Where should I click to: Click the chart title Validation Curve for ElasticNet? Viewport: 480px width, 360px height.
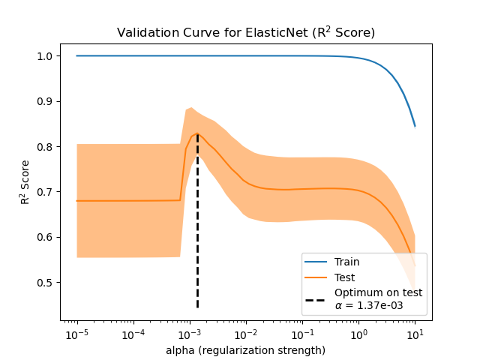point(246,33)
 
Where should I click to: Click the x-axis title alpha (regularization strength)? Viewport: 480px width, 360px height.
point(246,350)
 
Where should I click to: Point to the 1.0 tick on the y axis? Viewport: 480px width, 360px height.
point(46,56)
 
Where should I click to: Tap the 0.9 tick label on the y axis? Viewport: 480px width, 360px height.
point(46,101)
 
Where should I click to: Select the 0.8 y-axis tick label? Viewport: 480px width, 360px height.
point(46,147)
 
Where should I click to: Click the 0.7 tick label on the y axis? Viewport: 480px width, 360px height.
point(46,192)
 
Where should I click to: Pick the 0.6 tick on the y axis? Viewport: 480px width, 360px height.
point(46,238)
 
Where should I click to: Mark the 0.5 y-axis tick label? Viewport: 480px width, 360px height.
point(46,283)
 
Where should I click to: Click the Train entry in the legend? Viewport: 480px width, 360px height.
point(346,262)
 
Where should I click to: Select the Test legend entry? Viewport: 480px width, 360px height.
point(345,277)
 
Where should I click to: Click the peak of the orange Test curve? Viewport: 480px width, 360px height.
point(197,133)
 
